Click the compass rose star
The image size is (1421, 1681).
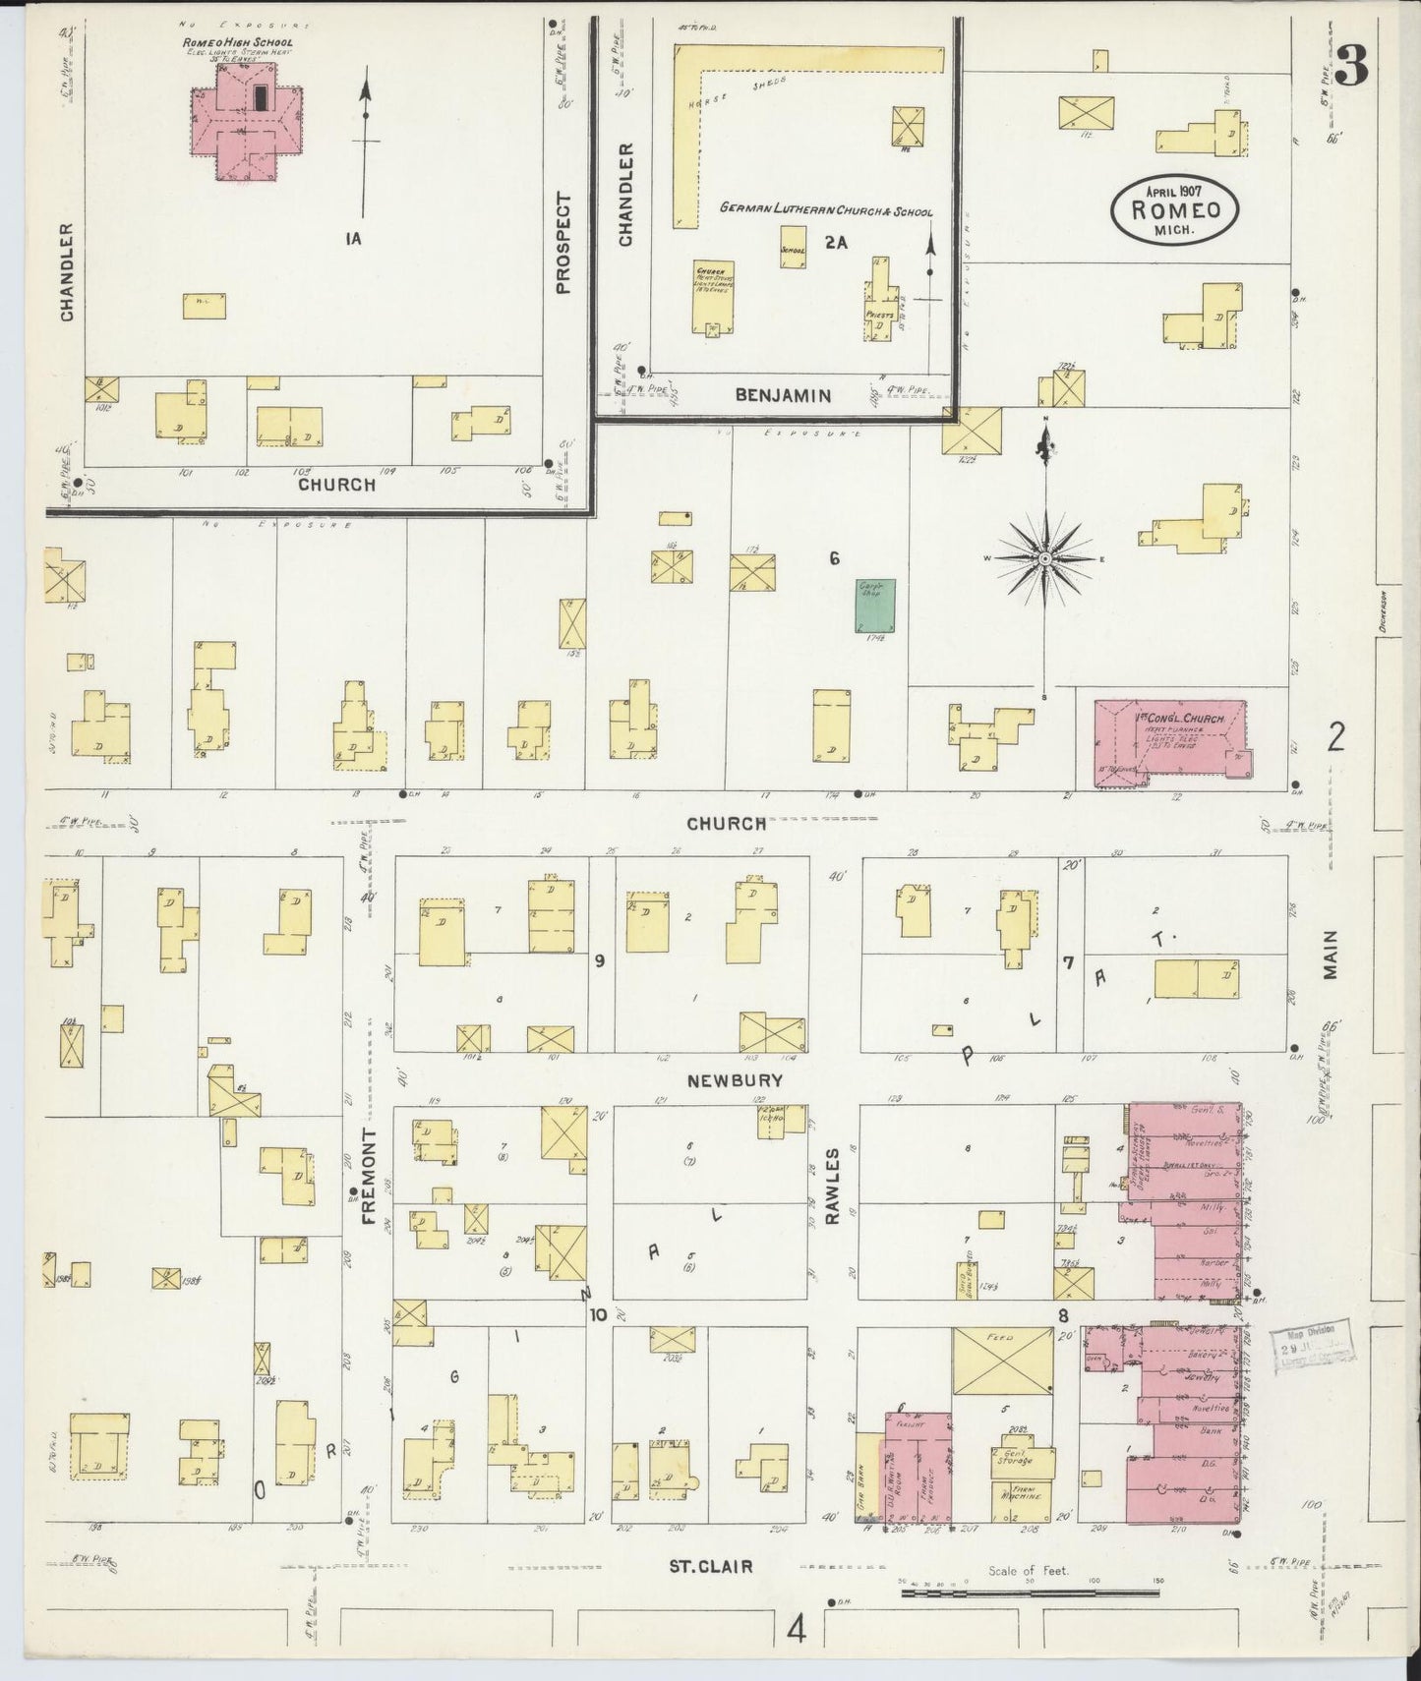click(x=1045, y=558)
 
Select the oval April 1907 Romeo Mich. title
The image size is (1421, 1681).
click(x=1175, y=208)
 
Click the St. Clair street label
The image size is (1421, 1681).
click(x=710, y=1566)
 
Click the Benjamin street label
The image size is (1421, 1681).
click(x=783, y=395)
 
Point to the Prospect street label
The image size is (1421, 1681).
click(x=562, y=244)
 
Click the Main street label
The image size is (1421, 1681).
click(x=1331, y=955)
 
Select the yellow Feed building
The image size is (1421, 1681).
click(x=1001, y=1360)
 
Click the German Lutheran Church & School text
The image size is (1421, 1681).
click(x=825, y=210)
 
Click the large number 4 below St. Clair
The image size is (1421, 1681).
click(x=796, y=1631)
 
